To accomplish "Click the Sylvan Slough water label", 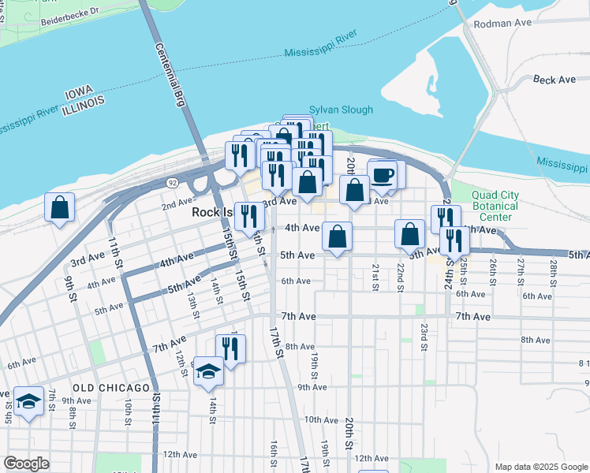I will pyautogui.click(x=341, y=110).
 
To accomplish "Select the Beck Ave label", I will pyautogui.click(x=555, y=80).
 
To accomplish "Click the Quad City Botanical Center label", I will pyautogui.click(x=506, y=207).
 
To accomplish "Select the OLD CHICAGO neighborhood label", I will pyautogui.click(x=111, y=388).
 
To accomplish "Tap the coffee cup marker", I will pyautogui.click(x=383, y=174).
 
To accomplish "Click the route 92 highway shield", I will pyautogui.click(x=172, y=182).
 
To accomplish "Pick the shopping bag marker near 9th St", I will pyautogui.click(x=60, y=207).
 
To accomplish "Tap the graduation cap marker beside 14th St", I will pyautogui.click(x=208, y=371).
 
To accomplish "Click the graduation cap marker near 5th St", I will pyautogui.click(x=28, y=402).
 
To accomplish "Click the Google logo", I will pyautogui.click(x=27, y=464).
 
